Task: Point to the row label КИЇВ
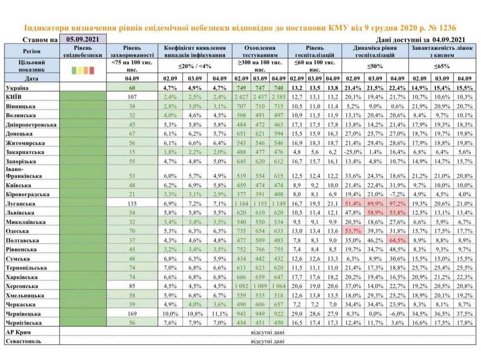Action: [14, 96]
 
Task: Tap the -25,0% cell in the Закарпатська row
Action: [353, 151]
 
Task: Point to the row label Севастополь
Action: [24, 341]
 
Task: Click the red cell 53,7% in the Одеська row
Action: [353, 231]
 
